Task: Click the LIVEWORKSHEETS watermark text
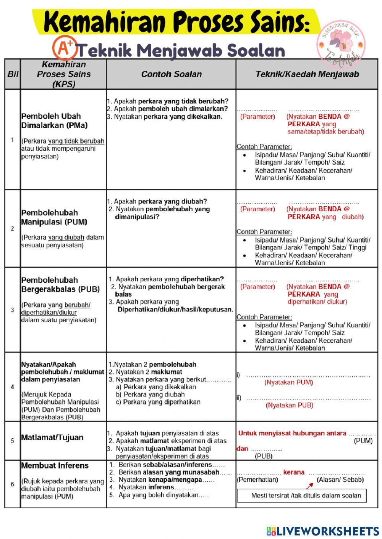tap(323, 531)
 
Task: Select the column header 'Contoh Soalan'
tap(171, 74)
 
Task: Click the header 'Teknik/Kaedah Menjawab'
tap(307, 74)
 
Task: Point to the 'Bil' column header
tap(13, 74)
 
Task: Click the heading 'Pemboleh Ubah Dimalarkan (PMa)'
tap(55, 120)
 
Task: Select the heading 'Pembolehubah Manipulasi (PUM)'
tap(54, 217)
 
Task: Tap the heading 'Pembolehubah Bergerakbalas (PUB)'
tap(60, 284)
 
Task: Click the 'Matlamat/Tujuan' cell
tap(52, 437)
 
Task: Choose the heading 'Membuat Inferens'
tap(55, 465)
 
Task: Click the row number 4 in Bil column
tap(12, 387)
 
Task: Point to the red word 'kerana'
tap(294, 472)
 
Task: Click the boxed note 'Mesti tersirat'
tap(306, 496)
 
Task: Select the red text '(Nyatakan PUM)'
tap(288, 382)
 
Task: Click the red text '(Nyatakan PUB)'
tap(289, 405)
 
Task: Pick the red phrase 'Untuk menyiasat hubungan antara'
tap(292, 433)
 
